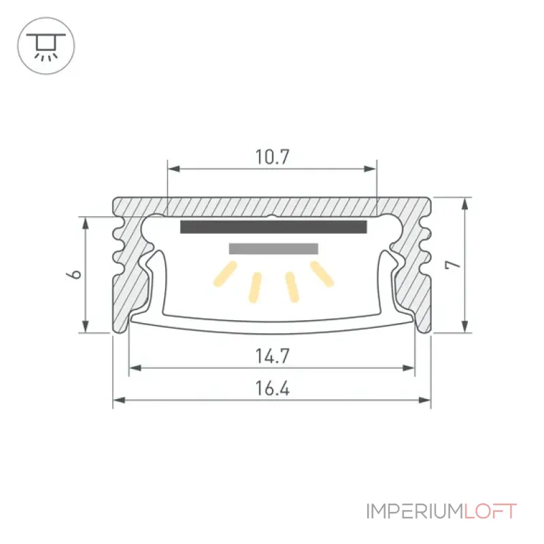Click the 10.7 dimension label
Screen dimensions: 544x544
point(273,157)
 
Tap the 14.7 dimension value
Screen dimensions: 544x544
point(273,356)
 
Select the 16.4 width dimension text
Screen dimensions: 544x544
point(273,388)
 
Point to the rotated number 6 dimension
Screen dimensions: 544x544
point(73,274)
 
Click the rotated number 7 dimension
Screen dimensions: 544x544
point(453,265)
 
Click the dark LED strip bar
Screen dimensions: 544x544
point(273,227)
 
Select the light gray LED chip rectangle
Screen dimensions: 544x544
point(273,249)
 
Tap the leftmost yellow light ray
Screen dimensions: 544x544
point(225,274)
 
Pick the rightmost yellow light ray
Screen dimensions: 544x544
point(322,274)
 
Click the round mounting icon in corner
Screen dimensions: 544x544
point(46,46)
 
